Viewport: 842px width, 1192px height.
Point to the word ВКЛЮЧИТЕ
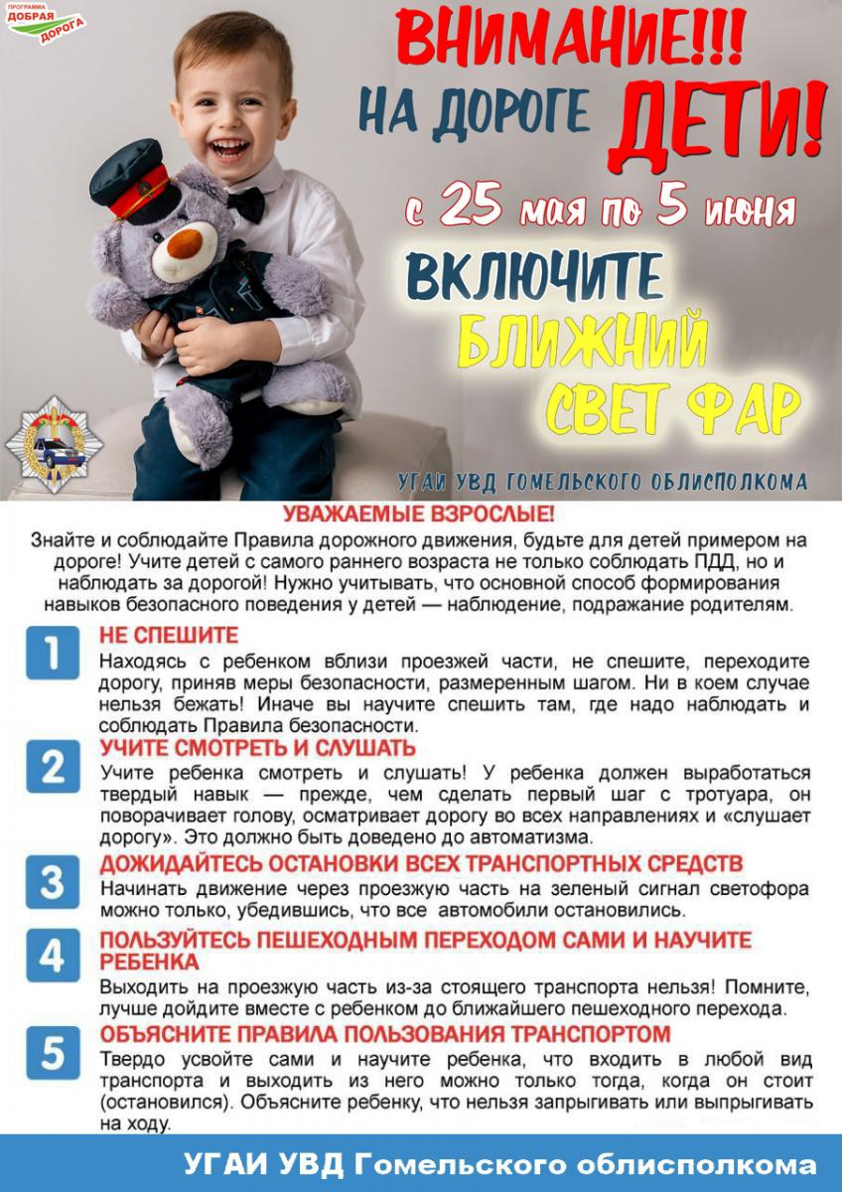click(x=534, y=279)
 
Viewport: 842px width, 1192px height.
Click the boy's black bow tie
click(x=246, y=205)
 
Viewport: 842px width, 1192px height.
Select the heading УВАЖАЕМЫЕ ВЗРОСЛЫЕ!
click(x=420, y=516)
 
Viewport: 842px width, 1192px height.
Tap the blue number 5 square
click(x=53, y=1053)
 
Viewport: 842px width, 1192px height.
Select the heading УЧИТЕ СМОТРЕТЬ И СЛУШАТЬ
click(x=258, y=748)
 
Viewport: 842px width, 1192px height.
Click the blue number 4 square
click(x=53, y=955)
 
